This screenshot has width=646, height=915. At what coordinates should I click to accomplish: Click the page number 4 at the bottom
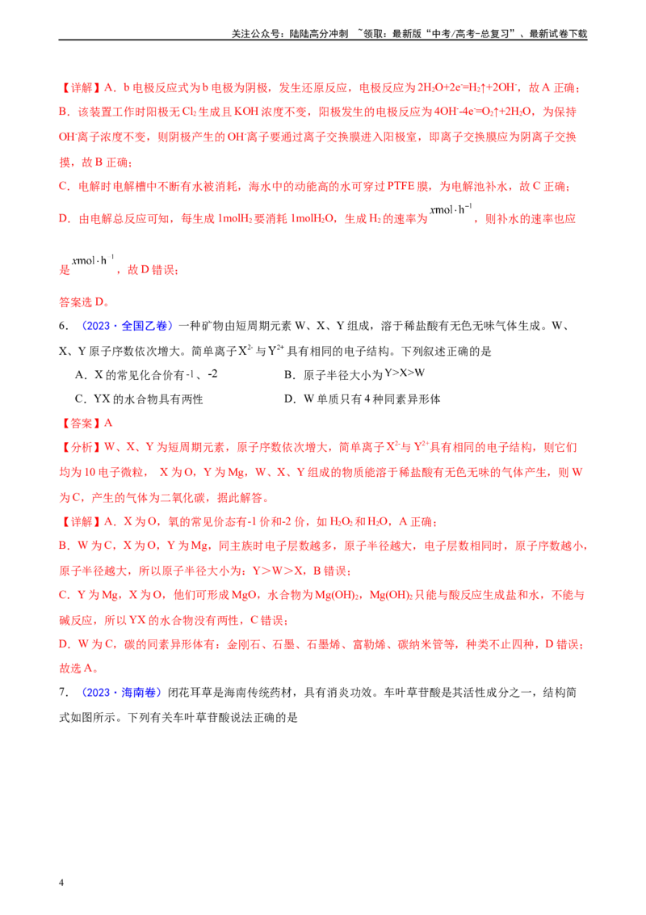pyautogui.click(x=61, y=883)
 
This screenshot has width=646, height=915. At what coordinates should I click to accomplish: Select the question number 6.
pyautogui.click(x=64, y=327)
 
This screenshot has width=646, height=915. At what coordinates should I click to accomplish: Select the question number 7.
pyautogui.click(x=64, y=693)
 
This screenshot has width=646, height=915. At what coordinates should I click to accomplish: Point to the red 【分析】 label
pyautogui.click(x=81, y=448)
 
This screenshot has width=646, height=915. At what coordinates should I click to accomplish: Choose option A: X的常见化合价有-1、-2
pyautogui.click(x=146, y=374)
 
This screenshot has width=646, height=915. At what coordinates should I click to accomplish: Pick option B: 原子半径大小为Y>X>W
pyautogui.click(x=354, y=374)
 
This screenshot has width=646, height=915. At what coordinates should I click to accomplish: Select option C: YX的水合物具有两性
pyautogui.click(x=139, y=399)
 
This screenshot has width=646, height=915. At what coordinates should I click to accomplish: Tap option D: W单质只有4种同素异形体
pyautogui.click(x=362, y=399)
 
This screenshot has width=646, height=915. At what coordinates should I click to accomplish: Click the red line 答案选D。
pyautogui.click(x=85, y=302)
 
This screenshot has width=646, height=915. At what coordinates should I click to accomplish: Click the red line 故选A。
pyautogui.click(x=79, y=668)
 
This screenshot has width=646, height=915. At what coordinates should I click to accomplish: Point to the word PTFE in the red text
pyautogui.click(x=401, y=186)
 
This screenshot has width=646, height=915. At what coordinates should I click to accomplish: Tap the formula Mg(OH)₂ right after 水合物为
pyautogui.click(x=338, y=595)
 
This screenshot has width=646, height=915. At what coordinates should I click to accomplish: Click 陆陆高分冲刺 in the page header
pyautogui.click(x=319, y=34)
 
